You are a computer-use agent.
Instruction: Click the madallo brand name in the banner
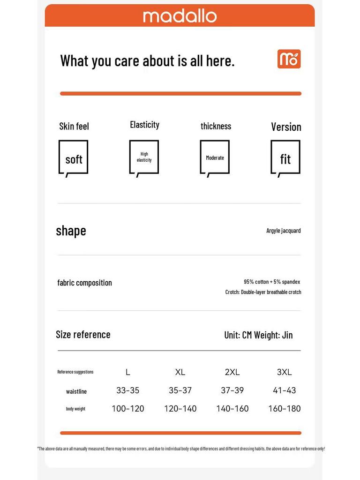coord(180,16)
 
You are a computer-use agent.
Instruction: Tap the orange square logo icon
coord(289,59)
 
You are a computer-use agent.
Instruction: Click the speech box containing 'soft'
coord(74,157)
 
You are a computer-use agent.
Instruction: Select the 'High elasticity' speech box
coord(144,157)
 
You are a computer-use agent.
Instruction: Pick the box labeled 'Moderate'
coord(215,157)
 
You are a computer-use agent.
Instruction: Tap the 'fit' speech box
coord(285,157)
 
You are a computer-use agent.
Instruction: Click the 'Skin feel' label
coord(74,126)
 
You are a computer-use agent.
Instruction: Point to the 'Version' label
coord(286,127)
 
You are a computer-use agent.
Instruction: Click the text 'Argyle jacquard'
coord(284,231)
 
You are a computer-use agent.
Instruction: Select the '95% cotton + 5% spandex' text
coord(272,282)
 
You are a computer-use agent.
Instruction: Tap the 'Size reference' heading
coord(83,334)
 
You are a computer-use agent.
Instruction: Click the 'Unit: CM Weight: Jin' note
coord(258,335)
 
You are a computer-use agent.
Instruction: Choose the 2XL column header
coord(232,372)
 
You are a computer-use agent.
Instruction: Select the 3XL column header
coord(284,372)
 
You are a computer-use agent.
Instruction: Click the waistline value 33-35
coord(127,390)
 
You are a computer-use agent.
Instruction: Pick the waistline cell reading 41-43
coord(284,390)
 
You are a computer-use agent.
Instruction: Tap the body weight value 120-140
coord(180,409)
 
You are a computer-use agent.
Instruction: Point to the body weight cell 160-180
coord(284,409)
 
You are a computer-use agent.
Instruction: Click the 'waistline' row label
coord(76,391)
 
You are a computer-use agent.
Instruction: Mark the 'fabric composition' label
coord(84,283)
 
